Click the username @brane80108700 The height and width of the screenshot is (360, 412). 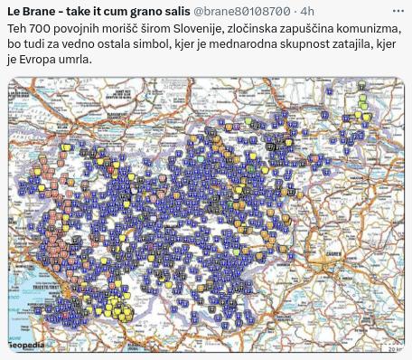point(253,11)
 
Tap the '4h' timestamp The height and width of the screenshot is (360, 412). point(307,11)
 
